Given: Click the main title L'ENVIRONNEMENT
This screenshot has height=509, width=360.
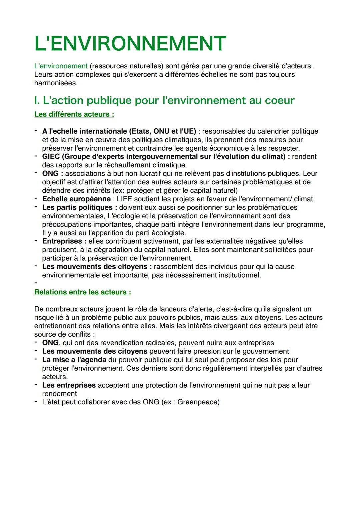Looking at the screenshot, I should [x=130, y=44].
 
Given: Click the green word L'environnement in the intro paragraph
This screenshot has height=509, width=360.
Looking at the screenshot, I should [x=61, y=66].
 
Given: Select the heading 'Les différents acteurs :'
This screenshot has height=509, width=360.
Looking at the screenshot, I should [x=74, y=114].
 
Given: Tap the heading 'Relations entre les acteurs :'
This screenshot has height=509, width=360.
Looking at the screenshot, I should [x=82, y=292].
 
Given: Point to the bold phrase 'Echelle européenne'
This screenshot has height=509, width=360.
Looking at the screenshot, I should [x=76, y=199].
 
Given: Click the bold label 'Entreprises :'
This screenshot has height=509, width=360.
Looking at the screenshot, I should [x=64, y=241].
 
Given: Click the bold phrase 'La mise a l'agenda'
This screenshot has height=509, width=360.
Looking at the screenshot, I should [x=74, y=360].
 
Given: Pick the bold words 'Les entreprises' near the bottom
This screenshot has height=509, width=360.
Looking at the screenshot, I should [x=69, y=385].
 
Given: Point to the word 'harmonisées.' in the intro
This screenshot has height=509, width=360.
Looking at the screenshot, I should [x=56, y=83].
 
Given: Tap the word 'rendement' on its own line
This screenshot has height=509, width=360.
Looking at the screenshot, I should [x=59, y=394].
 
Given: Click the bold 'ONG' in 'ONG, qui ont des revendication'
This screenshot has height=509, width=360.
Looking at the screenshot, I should [x=50, y=343].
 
